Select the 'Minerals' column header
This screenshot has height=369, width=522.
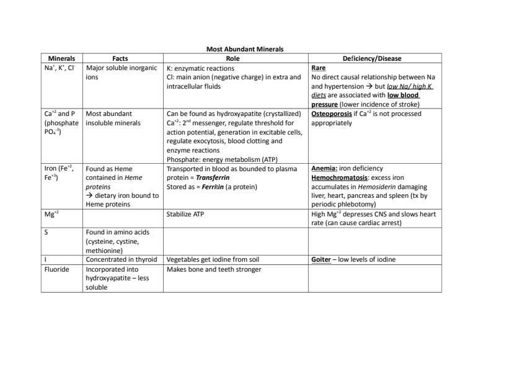point(61,58)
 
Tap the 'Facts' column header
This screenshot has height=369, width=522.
point(120,58)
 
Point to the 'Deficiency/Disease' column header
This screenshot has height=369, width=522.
point(372,58)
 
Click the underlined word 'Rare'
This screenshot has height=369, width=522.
point(318,68)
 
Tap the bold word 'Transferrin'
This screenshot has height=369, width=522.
point(213,177)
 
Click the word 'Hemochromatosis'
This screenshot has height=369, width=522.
point(338,177)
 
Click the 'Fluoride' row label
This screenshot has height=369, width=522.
point(56,269)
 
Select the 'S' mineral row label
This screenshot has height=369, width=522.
point(46,233)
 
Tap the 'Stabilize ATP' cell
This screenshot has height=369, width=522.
point(185,214)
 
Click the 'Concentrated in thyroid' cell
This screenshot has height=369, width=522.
point(122,259)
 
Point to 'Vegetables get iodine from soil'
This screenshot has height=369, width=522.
point(213,259)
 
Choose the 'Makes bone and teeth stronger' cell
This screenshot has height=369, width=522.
point(214,269)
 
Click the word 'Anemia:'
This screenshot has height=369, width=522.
point(324,168)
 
